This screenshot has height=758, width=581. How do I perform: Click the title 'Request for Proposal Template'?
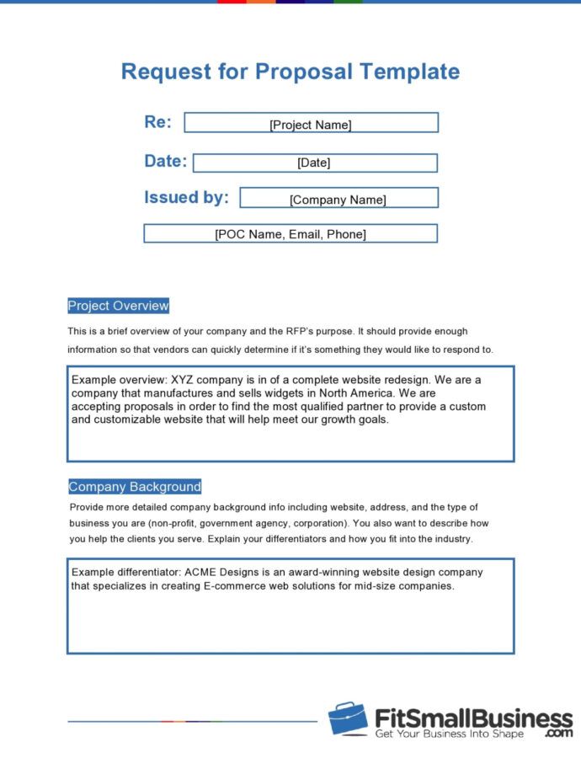290,71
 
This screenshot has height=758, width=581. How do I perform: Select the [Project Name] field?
311,124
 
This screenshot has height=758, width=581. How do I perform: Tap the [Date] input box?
314,163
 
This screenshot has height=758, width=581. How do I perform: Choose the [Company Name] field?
338,200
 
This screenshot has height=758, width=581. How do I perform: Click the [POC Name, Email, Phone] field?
290,234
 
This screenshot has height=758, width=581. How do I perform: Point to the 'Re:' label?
157,122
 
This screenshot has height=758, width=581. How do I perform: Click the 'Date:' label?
165,161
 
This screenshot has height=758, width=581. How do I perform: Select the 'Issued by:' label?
186,198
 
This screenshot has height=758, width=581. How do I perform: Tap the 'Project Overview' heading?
118,306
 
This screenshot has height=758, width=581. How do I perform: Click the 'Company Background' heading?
135,487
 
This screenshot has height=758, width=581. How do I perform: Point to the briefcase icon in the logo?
348,718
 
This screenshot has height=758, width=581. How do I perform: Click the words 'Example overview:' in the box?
119,380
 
